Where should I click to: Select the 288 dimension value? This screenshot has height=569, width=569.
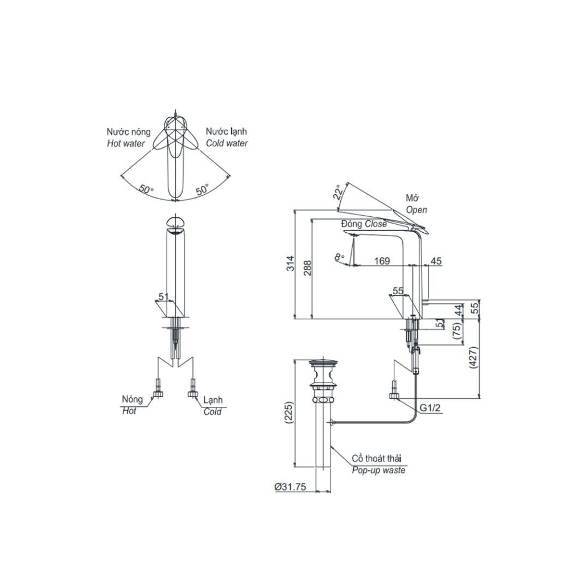tap(308, 267)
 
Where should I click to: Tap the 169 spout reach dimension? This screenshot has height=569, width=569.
tap(382, 261)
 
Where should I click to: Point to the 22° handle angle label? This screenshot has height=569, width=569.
tap(338, 192)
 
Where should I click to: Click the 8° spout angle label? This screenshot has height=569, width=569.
tap(340, 258)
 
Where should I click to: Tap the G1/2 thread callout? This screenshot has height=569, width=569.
tap(430, 408)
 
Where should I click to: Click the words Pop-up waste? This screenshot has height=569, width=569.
tap(378, 471)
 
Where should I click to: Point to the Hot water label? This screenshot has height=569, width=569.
tap(126, 144)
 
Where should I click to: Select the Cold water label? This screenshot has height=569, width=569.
tap(226, 144)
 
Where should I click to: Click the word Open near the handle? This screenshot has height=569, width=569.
tap(417, 210)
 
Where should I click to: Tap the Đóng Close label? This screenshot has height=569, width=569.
tap(364, 224)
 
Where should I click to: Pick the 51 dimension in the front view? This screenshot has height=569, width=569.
tap(163, 296)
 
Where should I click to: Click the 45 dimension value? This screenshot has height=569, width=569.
tap(436, 261)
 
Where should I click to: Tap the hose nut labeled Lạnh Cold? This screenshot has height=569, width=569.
tap(192, 393)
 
